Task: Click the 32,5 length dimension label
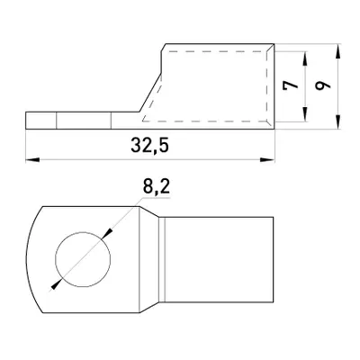point(150,146)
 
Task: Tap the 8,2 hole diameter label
point(157,187)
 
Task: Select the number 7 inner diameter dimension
point(291,85)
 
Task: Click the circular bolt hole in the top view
point(83,259)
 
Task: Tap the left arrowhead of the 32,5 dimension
point(32,160)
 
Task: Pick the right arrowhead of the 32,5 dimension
point(267,160)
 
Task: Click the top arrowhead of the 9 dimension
point(337,51)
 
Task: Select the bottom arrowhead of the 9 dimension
point(337,122)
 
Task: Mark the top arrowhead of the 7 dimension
point(305,58)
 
